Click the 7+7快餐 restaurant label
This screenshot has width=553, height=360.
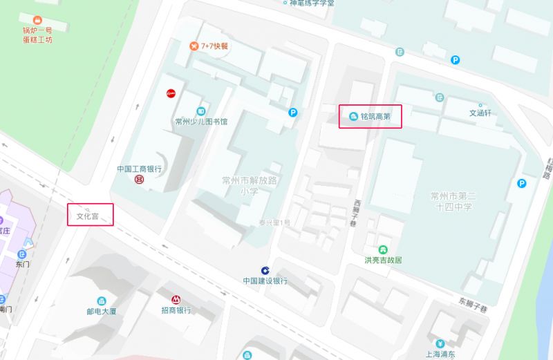pos(214,46)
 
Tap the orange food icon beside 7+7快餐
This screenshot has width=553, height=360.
pos(194,46)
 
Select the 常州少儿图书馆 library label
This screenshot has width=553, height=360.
pos(201,122)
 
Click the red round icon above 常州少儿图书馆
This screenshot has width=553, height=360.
pos(171,93)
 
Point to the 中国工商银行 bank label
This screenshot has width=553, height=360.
pos(139,169)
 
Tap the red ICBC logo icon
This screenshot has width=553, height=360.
pos(139,180)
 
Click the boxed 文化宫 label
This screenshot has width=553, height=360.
pos(91,216)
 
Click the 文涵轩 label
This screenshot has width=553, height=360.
pos(480,113)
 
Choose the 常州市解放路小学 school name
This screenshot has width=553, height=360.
pos(249,186)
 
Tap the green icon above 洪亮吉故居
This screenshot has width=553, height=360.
pos(383,249)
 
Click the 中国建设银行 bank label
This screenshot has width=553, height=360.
pos(265,281)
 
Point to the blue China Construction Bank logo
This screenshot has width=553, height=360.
pos(265,270)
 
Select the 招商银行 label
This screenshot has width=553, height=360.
pos(176,310)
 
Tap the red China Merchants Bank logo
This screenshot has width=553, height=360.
pos(176,299)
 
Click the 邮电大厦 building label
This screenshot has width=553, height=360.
pos(102,311)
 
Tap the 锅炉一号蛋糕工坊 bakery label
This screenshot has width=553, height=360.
pos(37,35)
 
